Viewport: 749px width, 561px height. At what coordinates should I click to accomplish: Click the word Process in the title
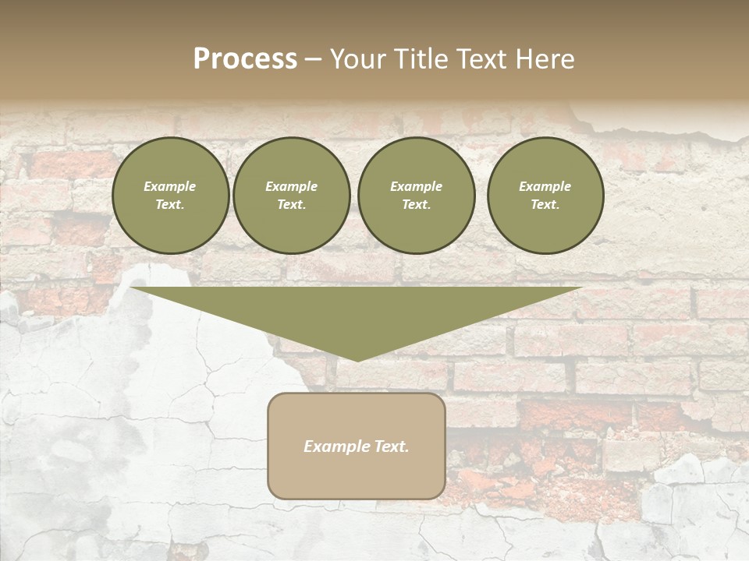(x=245, y=59)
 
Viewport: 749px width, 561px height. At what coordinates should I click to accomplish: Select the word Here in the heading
(x=544, y=59)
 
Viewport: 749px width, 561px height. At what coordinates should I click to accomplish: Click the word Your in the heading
(x=358, y=59)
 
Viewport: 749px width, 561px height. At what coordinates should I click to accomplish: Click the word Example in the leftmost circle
(x=170, y=186)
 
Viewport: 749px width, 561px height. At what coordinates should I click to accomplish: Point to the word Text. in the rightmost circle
(x=545, y=205)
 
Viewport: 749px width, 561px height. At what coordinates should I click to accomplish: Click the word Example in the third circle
(x=416, y=186)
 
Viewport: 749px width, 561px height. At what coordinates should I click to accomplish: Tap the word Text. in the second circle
(x=292, y=205)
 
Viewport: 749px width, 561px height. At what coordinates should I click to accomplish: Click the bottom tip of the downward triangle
(x=357, y=359)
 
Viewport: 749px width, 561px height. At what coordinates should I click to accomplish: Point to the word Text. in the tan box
(x=392, y=446)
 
